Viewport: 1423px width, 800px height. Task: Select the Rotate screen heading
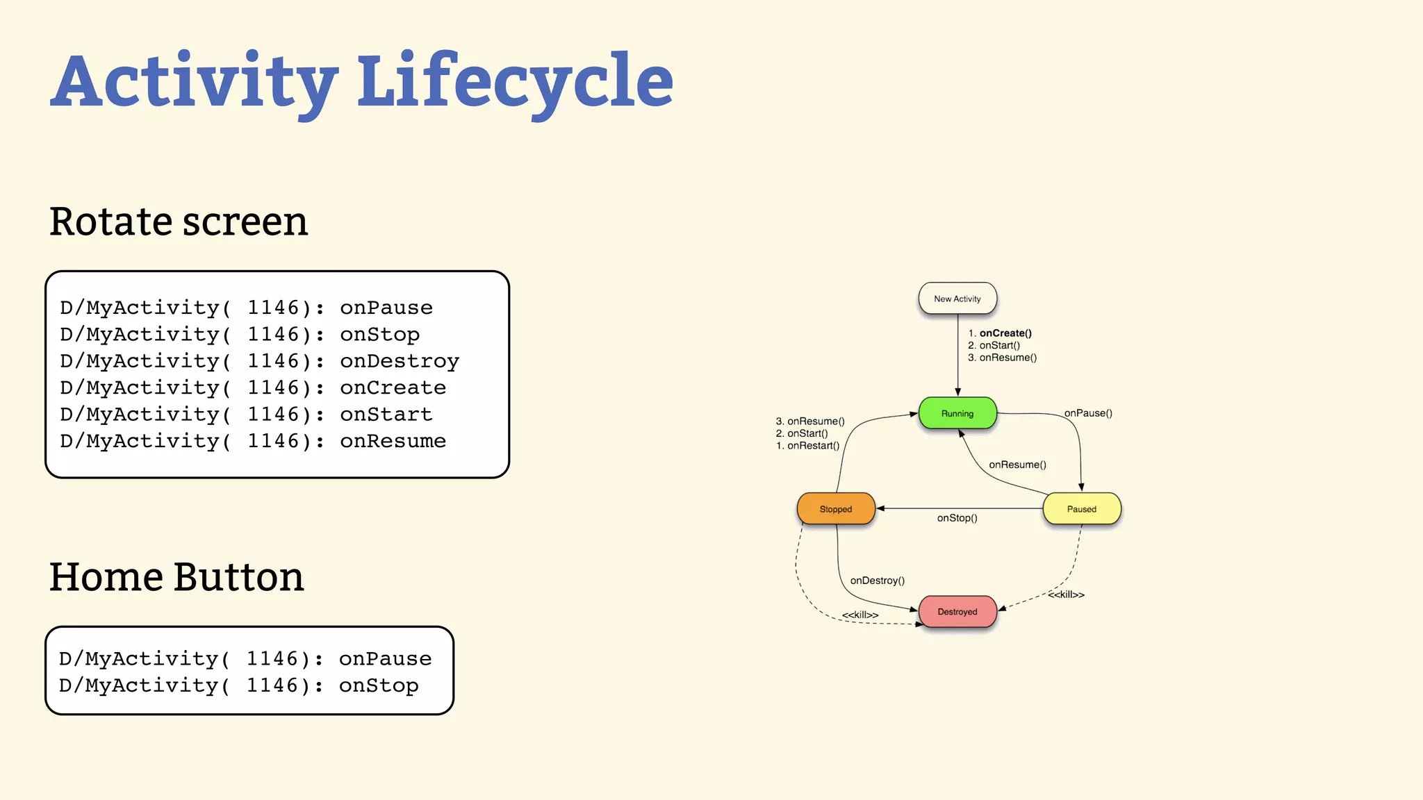point(179,222)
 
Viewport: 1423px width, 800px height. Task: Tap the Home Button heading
point(176,577)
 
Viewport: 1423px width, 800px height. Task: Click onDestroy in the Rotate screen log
point(399,361)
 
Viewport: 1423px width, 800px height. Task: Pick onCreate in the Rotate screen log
point(393,387)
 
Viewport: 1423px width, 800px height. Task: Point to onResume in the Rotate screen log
point(393,441)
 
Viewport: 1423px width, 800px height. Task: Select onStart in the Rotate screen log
point(386,415)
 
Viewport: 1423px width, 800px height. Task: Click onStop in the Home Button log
point(379,685)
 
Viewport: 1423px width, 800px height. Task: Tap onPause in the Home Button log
point(385,658)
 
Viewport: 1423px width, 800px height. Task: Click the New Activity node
point(957,299)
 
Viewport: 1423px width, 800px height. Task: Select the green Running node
point(957,413)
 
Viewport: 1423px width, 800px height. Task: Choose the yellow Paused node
point(1081,509)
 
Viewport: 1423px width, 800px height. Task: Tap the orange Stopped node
point(835,509)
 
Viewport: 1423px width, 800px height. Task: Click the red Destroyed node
point(957,612)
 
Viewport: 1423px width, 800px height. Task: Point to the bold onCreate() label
point(1005,333)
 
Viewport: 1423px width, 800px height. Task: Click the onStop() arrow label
point(957,518)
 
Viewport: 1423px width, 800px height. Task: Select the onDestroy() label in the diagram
point(877,581)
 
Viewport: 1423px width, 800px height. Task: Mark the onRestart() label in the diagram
point(812,446)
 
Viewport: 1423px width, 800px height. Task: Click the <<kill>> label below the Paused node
point(1066,594)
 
